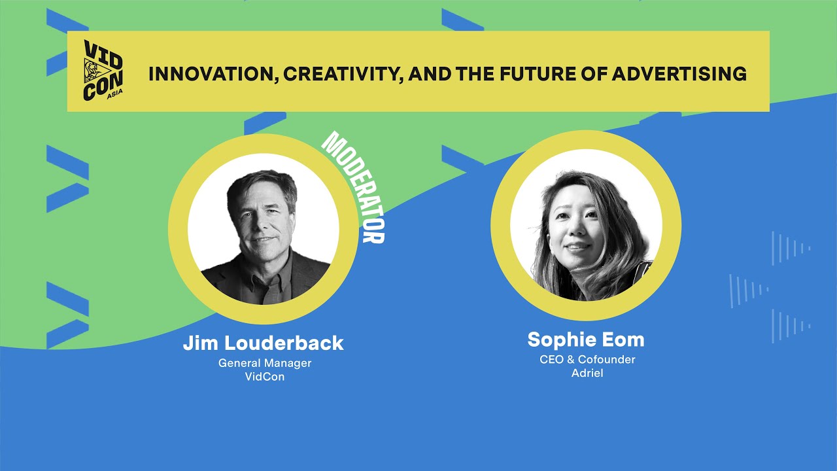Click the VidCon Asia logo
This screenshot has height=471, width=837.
point(104,71)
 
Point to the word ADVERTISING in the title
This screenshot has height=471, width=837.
point(679,73)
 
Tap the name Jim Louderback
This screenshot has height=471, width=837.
point(263,343)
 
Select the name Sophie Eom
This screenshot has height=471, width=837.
point(586,340)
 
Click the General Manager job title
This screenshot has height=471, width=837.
point(264,363)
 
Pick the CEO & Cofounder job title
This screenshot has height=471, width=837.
point(587,360)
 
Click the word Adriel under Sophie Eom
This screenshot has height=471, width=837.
point(587,374)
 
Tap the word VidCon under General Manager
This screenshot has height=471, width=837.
point(264,377)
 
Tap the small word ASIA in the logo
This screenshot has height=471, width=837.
point(114,92)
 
